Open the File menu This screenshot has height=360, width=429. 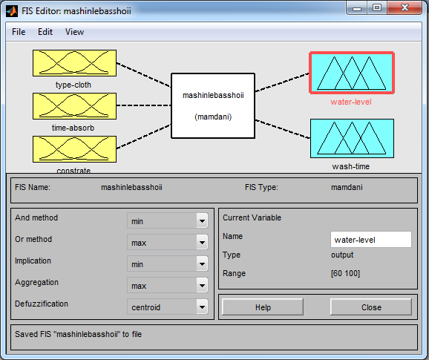(19, 32)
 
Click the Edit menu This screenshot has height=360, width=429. (45, 32)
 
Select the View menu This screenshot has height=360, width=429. (74, 32)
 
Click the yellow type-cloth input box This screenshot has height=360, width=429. (74, 63)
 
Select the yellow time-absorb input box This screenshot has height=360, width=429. (74, 106)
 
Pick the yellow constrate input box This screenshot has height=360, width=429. (74, 149)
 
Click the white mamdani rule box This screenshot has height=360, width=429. (213, 105)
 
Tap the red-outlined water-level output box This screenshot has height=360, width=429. (352, 73)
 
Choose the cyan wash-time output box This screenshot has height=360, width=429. (352, 138)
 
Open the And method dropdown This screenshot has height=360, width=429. (168, 220)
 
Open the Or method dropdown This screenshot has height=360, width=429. (168, 243)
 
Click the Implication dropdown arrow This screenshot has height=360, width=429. (202, 264)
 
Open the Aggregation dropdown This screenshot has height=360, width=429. (168, 285)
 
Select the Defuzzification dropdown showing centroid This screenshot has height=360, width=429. (168, 307)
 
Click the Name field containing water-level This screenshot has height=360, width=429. (370, 240)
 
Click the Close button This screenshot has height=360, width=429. (371, 307)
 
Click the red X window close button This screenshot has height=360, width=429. (405, 7)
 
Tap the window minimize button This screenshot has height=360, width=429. (357, 8)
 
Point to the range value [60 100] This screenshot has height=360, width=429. (345, 273)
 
